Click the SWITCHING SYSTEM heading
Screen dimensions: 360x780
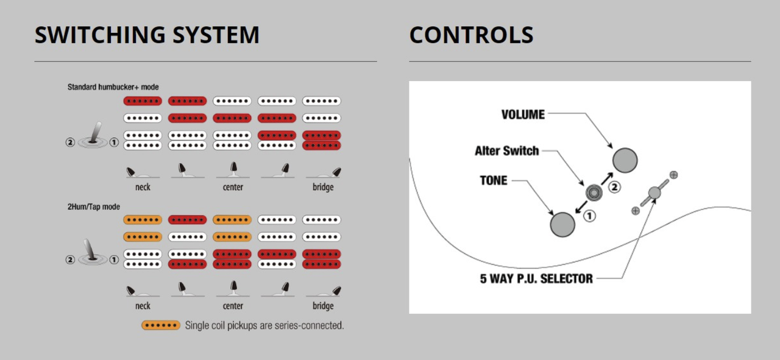[147, 35]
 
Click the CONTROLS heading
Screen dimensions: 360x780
[471, 35]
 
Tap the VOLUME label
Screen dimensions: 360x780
[523, 115]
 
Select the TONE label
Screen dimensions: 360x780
[494, 180]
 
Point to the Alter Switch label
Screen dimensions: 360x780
[506, 150]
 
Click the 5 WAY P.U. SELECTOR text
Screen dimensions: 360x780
[536, 279]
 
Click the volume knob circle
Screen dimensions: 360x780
[625, 160]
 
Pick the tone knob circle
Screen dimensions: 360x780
[562, 224]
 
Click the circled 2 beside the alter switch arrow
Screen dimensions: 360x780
[614, 187]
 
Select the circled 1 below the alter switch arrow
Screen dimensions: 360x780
[590, 215]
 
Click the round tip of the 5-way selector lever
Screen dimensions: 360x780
[654, 193]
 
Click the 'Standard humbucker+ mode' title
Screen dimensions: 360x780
[113, 87]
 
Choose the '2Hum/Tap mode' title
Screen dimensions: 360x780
[93, 206]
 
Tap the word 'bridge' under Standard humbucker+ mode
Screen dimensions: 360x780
[323, 187]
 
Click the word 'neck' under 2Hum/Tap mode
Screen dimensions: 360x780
[143, 306]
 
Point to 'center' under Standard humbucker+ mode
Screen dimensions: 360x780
[233, 187]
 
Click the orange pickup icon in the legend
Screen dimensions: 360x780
[161, 325]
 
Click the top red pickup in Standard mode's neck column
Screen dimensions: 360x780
[143, 101]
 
